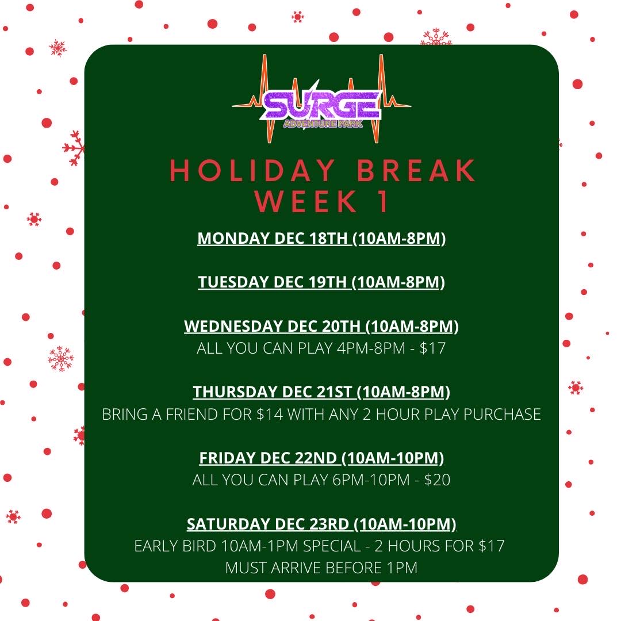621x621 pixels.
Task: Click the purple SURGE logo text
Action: point(321,105)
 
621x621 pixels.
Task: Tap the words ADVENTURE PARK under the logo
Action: point(323,124)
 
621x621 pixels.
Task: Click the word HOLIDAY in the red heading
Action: point(252,171)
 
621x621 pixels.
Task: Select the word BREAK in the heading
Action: point(416,171)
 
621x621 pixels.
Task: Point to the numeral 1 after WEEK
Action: point(383,201)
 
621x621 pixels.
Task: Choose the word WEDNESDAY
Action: point(233,327)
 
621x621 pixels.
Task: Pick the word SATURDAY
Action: point(228,524)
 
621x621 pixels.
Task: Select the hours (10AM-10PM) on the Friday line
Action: point(393,458)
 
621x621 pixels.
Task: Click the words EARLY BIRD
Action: point(175,546)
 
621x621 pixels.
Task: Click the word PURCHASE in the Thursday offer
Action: point(502,414)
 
